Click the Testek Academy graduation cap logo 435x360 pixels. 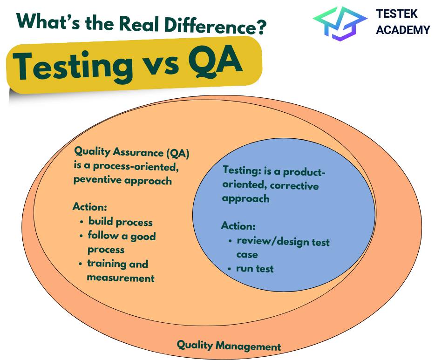click(340, 23)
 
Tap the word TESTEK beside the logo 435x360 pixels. click(397, 14)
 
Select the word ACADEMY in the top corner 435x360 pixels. click(403, 30)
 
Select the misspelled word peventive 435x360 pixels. click(98, 180)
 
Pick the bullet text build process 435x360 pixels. click(121, 221)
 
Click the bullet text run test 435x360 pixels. click(255, 268)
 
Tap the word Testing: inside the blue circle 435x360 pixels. click(242, 170)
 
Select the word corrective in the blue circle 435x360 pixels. click(294, 185)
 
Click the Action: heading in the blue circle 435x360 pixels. click(238, 226)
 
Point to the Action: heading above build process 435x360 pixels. click(90, 207)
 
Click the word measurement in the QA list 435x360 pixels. click(121, 278)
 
